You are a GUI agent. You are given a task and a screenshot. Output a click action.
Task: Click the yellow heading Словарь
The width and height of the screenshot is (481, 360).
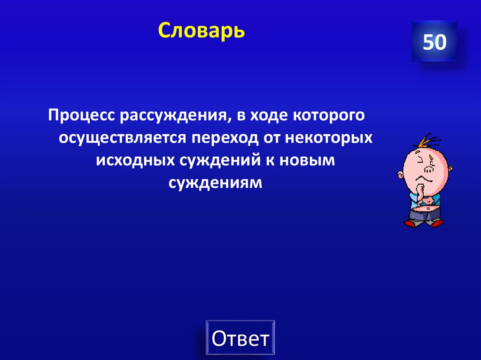(201, 31)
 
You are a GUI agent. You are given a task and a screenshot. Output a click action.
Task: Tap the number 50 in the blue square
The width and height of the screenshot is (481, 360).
(434, 42)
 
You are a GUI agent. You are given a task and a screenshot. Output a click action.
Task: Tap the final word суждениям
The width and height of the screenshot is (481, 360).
(215, 183)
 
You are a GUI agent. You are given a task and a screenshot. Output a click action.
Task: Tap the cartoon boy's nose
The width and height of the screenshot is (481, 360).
(428, 168)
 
